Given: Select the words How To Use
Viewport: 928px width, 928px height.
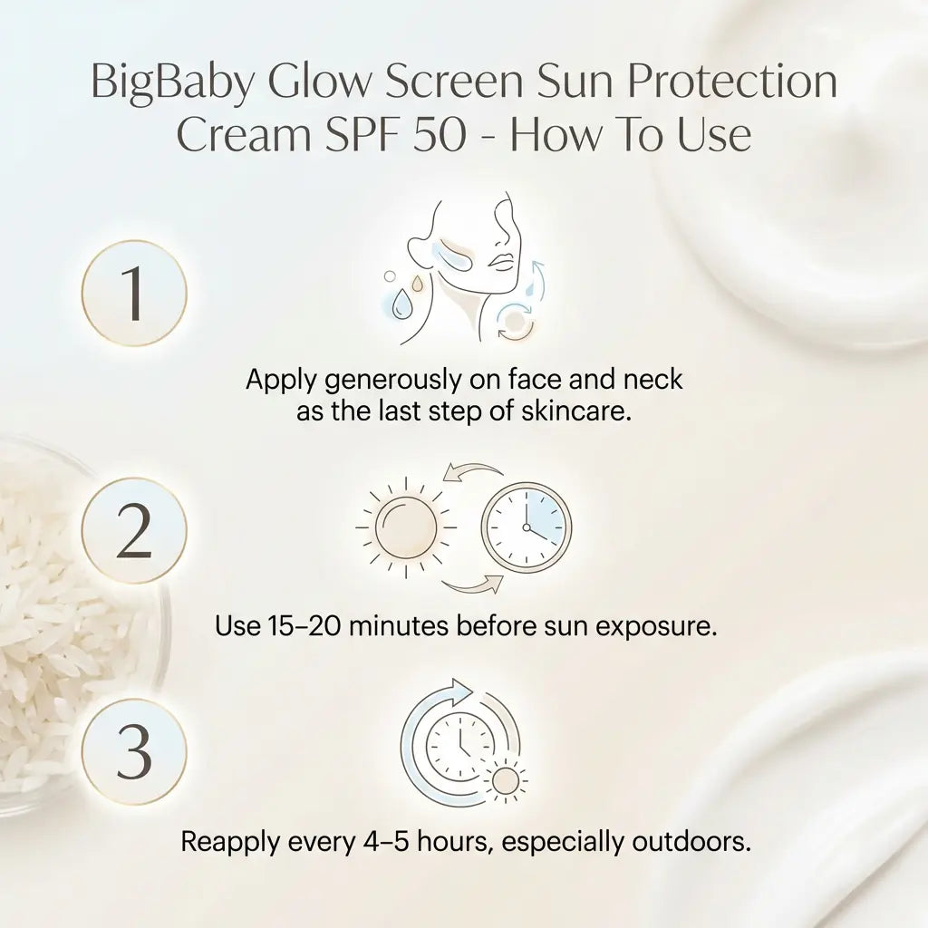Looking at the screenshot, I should (632, 135).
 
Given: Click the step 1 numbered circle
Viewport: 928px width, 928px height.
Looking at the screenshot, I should (134, 293).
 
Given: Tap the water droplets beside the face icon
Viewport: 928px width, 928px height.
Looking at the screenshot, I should (403, 295).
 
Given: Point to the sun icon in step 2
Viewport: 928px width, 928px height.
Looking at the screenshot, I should (405, 527).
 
